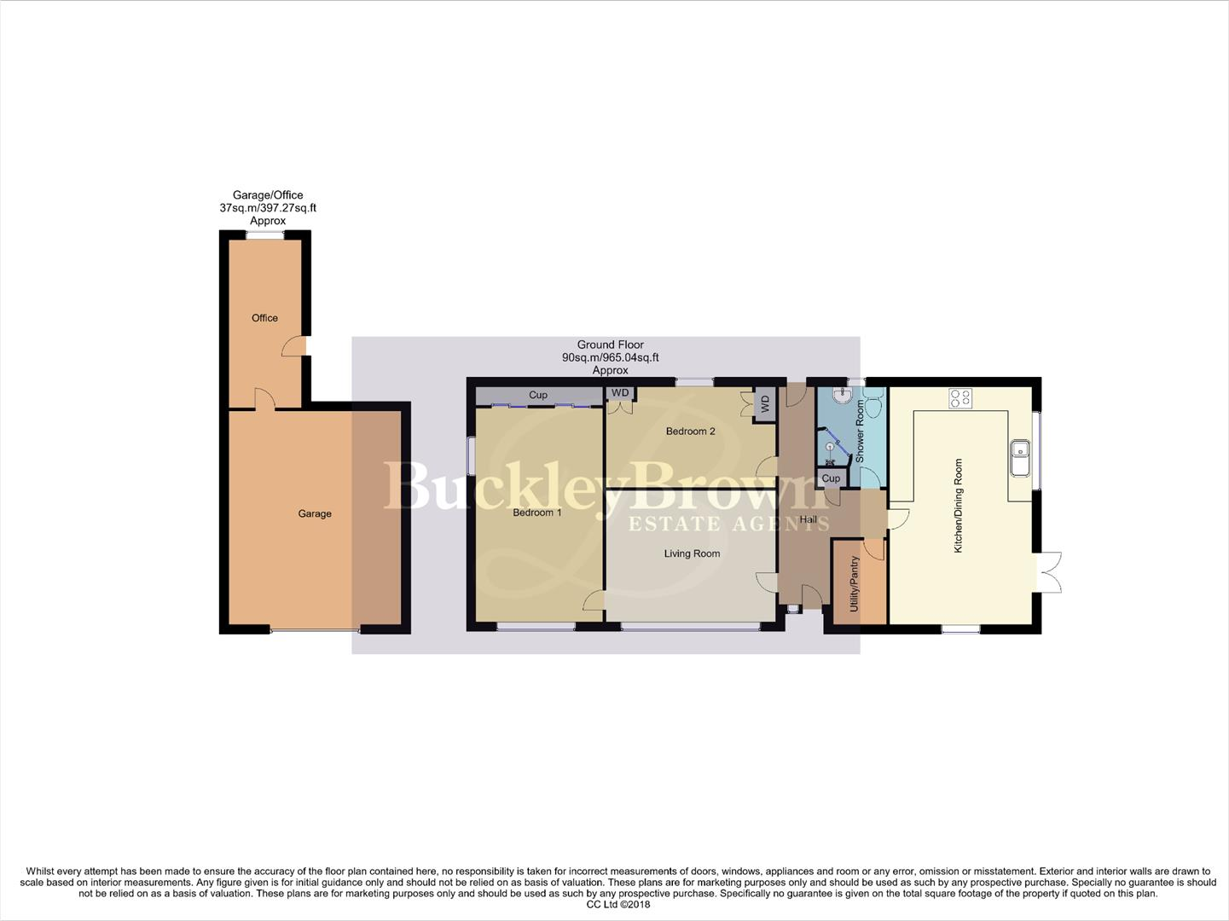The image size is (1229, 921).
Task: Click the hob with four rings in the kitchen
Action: coord(960,397)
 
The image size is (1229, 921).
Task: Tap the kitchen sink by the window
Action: coord(1020,458)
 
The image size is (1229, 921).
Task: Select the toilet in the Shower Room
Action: coord(873,408)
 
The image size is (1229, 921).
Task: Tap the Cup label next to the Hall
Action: coord(831,478)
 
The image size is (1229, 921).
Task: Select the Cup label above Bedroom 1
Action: coord(538,396)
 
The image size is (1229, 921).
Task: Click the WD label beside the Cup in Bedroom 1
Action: coord(619,393)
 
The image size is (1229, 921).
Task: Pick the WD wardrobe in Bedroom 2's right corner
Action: coord(765,405)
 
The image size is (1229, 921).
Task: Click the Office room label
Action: coord(264,318)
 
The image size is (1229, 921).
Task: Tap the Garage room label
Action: coord(315,513)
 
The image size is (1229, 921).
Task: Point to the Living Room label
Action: coord(692,553)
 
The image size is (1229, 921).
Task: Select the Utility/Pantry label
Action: coord(855,584)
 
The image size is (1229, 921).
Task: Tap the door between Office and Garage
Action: coord(264,399)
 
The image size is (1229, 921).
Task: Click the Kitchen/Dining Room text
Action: coord(958,506)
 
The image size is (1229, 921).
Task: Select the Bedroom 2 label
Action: coord(690,432)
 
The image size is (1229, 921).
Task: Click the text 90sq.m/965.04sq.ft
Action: coord(610,358)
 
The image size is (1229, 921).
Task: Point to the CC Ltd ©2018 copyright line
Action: coord(618,905)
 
